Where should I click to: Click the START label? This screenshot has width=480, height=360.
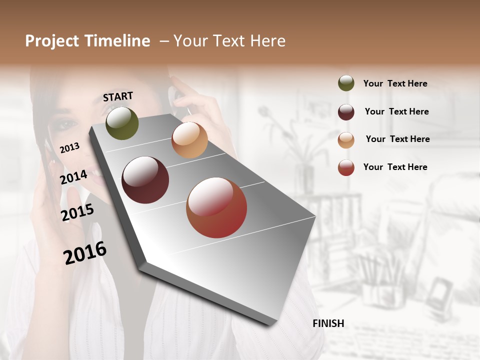pyautogui.click(x=118, y=96)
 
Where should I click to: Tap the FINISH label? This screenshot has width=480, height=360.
pyautogui.click(x=328, y=323)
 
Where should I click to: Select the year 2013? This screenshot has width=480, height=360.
pyautogui.click(x=69, y=147)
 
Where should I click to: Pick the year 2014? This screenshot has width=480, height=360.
pyautogui.click(x=73, y=177)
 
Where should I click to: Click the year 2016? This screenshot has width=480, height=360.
pyautogui.click(x=85, y=253)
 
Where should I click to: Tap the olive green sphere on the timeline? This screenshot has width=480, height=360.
pyautogui.click(x=122, y=123)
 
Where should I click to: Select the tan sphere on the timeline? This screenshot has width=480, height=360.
pyautogui.click(x=189, y=140)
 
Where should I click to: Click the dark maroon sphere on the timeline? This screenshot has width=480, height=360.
pyautogui.click(x=145, y=180)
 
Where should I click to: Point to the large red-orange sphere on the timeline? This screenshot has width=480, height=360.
pyautogui.click(x=216, y=207)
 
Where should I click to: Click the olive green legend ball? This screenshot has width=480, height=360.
pyautogui.click(x=346, y=83)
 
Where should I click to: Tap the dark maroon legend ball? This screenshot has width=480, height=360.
pyautogui.click(x=346, y=111)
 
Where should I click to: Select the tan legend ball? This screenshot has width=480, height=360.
pyautogui.click(x=346, y=139)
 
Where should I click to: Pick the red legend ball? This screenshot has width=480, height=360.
pyautogui.click(x=346, y=167)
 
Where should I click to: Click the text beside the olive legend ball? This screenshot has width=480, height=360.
pyautogui.click(x=395, y=83)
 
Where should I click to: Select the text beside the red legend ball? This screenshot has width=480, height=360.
pyautogui.click(x=395, y=167)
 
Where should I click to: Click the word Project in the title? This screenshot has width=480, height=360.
pyautogui.click(x=52, y=41)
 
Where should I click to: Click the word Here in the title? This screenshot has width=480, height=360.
pyautogui.click(x=267, y=41)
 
